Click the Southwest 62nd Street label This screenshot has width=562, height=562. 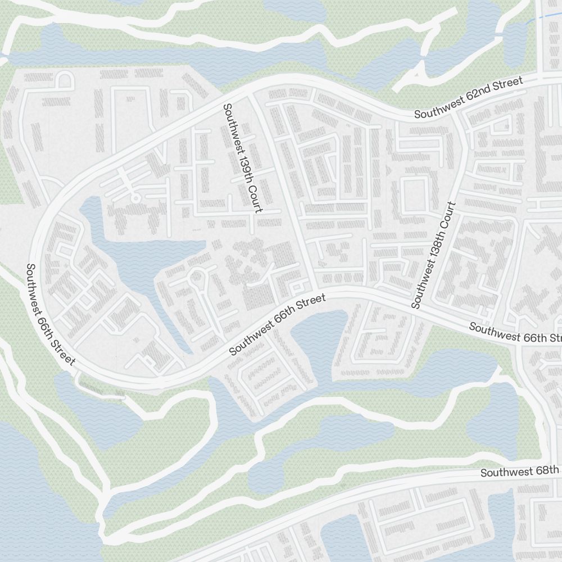(469, 98)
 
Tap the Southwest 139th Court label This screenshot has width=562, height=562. (242, 158)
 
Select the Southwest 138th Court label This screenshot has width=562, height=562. (432, 255)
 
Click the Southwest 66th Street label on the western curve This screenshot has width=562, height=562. (50, 315)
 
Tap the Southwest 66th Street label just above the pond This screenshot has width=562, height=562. (278, 325)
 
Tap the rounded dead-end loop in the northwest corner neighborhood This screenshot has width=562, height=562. (65, 80)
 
